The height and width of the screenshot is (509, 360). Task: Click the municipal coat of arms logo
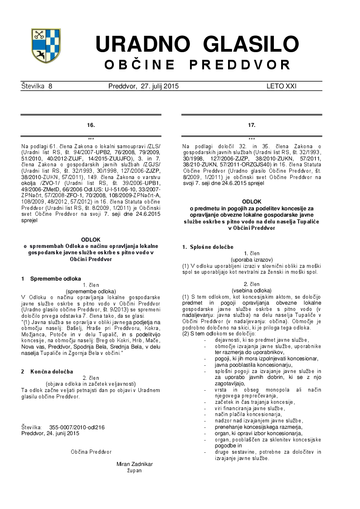pos(46,46)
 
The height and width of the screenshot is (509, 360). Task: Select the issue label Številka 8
pos(37,86)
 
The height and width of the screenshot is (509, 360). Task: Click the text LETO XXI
pos(281,86)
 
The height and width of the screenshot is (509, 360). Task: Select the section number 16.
pos(91,125)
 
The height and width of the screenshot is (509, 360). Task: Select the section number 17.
pos(252,125)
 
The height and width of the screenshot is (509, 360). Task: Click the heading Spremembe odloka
pos(55,278)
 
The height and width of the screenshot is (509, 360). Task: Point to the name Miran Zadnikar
pos(135,464)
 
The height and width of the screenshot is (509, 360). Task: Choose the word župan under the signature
pos(135,470)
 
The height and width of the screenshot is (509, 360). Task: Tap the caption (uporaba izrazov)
pos(252,259)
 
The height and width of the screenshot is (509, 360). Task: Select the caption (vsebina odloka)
pos(252,290)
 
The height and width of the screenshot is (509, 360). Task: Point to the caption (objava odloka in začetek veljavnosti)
pos(91,383)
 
